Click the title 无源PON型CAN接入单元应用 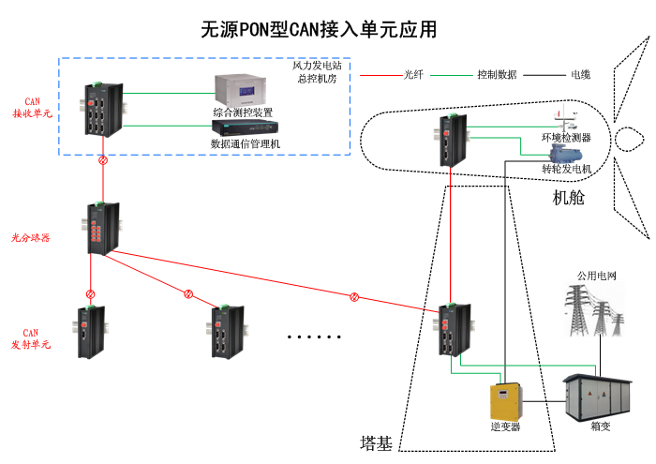click(319, 29)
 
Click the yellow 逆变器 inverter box click(505, 402)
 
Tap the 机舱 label click(569, 198)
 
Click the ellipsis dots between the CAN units click(315, 337)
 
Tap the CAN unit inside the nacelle click(455, 142)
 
